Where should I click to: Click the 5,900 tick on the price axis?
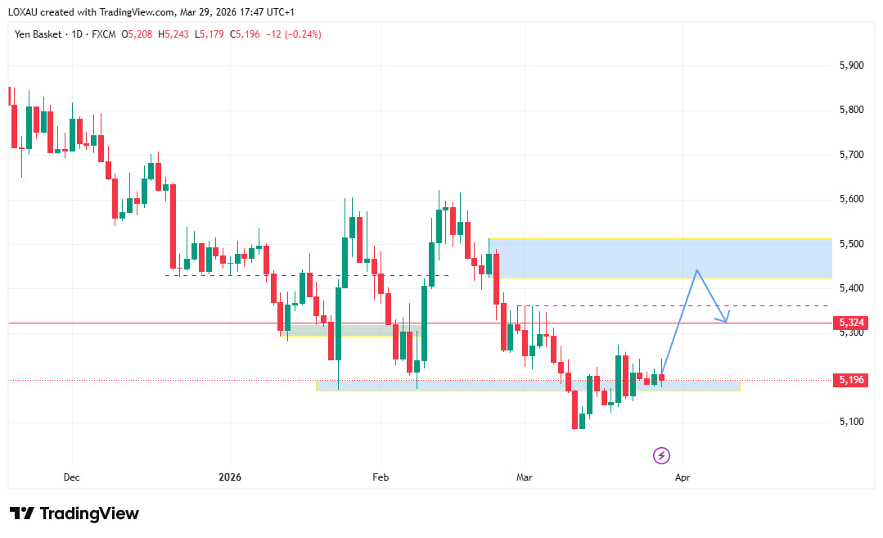(x=853, y=66)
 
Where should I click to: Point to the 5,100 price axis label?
(x=853, y=422)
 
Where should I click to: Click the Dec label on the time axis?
(x=72, y=476)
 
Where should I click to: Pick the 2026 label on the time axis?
(x=230, y=476)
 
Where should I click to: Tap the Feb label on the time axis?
(x=380, y=476)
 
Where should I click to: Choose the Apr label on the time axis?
(x=683, y=476)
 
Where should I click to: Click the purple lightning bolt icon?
(x=661, y=455)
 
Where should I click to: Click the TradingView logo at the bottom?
(x=74, y=513)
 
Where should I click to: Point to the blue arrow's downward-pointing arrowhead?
(x=726, y=320)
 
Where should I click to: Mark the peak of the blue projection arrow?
(x=696, y=270)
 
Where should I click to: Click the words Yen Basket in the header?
(x=38, y=34)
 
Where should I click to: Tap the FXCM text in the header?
(x=103, y=34)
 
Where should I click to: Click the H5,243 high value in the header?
(x=174, y=34)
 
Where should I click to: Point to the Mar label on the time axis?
(x=523, y=476)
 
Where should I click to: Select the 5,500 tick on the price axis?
(x=853, y=244)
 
